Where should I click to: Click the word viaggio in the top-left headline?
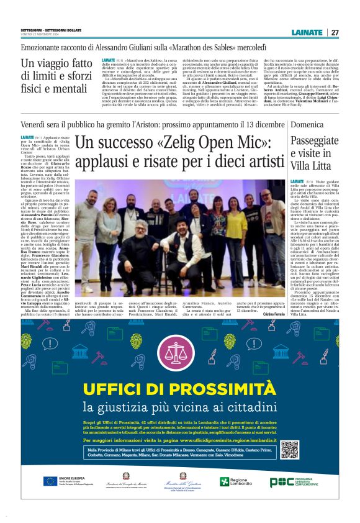(55, 63)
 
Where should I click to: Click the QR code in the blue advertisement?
(289, 449)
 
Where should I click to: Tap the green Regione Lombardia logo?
(233, 481)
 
